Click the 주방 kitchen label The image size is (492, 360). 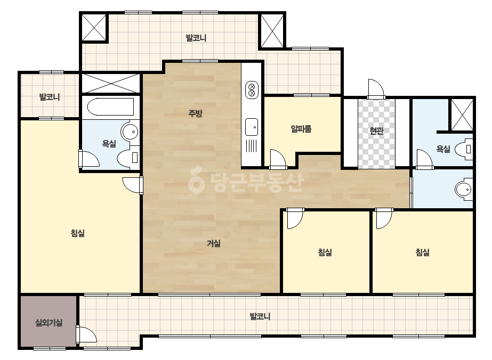coord(195,113)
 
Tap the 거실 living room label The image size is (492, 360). coord(214,243)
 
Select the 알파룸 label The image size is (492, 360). coord(301,128)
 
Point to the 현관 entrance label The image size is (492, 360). coord(376,130)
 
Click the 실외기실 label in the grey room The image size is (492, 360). coord(49,322)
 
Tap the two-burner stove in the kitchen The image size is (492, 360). coord(252,89)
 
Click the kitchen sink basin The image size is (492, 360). coord(252,127)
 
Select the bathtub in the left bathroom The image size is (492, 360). coord(110,107)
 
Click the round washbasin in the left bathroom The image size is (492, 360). coord(130,132)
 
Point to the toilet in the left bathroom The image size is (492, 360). coord(128,158)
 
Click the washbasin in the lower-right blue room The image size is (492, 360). coord(464,190)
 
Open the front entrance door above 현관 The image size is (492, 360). coord(376,89)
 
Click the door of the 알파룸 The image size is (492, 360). coord(278,159)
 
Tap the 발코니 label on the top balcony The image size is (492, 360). coord(196,38)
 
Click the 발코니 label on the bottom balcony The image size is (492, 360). coord(260,316)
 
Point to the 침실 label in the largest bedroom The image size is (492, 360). coord(77,233)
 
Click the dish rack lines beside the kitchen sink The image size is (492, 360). coord(252,146)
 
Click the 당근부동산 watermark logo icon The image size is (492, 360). coord(197,181)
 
